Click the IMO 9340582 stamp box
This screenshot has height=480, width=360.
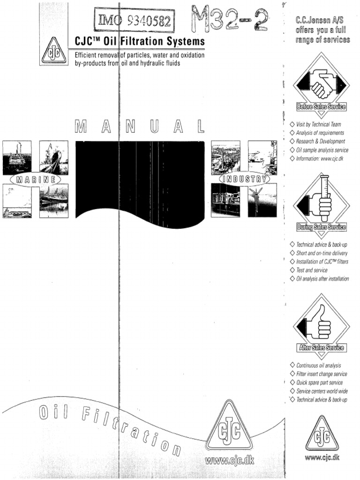coord(135,21)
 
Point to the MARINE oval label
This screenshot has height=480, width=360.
coord(35,180)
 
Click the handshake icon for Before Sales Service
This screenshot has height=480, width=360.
coord(321,82)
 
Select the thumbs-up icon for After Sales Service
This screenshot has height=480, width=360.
coord(321,323)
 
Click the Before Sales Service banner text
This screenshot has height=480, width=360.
coord(321,107)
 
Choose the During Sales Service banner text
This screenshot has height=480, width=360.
coord(321,227)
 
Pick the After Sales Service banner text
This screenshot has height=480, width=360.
coord(321,348)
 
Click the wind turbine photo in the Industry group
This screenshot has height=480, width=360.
coord(262,200)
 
